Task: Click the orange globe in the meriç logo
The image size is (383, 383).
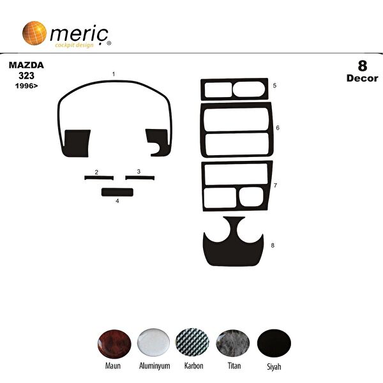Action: click(x=34, y=33)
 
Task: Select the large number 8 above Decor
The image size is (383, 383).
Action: click(x=362, y=66)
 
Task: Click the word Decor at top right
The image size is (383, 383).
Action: click(x=361, y=79)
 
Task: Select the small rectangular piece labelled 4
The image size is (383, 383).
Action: click(x=117, y=191)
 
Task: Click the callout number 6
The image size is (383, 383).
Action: click(x=278, y=128)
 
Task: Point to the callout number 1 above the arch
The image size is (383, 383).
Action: click(x=114, y=75)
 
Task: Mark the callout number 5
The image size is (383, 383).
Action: click(x=274, y=85)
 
